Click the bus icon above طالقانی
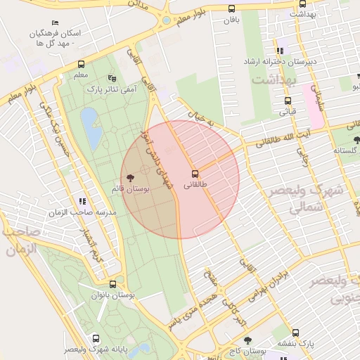point(195,173)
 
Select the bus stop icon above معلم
point(81,63)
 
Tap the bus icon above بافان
point(232,9)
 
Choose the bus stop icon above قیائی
point(289,99)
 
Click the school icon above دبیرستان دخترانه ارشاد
point(281,51)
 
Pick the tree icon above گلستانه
point(356,140)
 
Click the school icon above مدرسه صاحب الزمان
point(83,201)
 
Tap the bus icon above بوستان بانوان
point(112,285)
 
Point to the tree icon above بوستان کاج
point(246,340)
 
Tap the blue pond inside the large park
point(91,128)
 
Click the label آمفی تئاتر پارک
point(110,89)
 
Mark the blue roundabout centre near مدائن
point(166,20)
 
